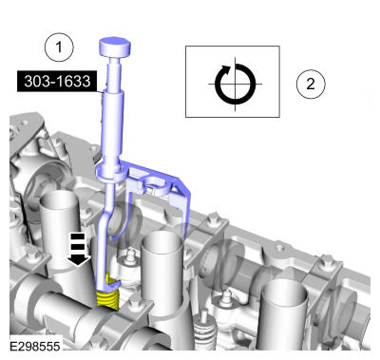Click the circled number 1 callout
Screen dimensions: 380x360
(59, 47)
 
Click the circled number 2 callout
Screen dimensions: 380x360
(311, 84)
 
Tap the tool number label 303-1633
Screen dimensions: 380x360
(57, 82)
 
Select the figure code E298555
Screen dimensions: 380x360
(35, 346)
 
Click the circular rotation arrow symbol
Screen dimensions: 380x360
(235, 85)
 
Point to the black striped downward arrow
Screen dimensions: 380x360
(79, 249)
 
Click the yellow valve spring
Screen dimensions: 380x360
(107, 292)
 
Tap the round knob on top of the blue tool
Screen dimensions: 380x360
(115, 47)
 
